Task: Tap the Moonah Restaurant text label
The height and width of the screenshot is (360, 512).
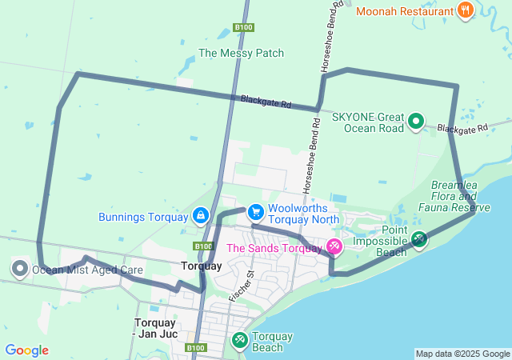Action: point(404,11)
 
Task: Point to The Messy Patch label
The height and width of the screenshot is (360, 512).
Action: point(241,54)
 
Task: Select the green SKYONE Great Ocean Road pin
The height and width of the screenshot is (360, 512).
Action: point(416,121)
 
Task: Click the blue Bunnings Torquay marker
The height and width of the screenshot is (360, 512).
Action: point(200,216)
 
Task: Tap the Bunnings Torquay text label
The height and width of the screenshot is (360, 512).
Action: point(142,217)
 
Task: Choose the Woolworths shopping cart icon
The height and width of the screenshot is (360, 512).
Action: point(255,211)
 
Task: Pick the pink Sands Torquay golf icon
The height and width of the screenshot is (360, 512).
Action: point(334,247)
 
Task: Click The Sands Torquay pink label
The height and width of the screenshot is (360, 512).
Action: point(274,248)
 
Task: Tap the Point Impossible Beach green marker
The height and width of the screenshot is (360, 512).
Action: point(419,239)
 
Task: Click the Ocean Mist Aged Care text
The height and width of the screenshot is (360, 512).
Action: point(87,270)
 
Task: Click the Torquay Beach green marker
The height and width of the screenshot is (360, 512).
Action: point(238,341)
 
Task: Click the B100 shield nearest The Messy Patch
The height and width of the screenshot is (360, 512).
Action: point(243,27)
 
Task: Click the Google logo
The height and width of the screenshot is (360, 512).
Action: point(26,350)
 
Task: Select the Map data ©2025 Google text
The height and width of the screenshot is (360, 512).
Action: point(462,354)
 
